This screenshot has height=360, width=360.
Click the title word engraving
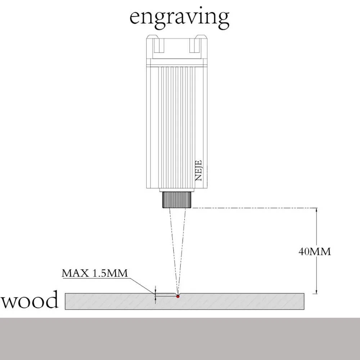click(x=179, y=17)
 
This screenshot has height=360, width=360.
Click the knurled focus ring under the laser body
click(x=176, y=199)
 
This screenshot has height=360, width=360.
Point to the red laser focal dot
click(x=177, y=296)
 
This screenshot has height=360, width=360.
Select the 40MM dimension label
click(x=314, y=252)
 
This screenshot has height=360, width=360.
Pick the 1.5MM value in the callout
click(x=110, y=273)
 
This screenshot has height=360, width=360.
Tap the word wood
click(x=30, y=300)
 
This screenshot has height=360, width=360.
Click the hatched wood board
click(x=234, y=301)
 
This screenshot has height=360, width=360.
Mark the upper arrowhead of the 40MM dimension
click(x=316, y=211)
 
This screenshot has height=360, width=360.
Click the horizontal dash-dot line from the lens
click(x=252, y=208)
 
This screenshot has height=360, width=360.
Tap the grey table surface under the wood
click(x=180, y=338)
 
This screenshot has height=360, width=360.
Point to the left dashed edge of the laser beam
click(x=171, y=252)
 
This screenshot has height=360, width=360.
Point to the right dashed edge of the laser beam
click(x=182, y=252)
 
